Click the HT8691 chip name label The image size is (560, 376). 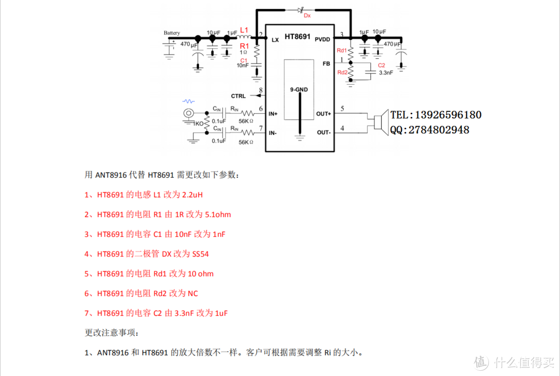(298, 37)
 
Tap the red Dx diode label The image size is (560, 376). (307, 16)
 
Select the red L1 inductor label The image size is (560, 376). (245, 30)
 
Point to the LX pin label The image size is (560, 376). (275, 39)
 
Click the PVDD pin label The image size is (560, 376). (322, 39)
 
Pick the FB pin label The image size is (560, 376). (326, 63)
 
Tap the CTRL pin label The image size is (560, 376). (239, 96)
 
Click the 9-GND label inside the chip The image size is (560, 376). (299, 89)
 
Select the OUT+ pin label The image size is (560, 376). (323, 114)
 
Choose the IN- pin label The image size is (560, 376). (273, 133)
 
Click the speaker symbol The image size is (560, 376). (380, 123)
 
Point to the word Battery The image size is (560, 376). (172, 33)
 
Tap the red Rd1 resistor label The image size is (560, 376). (342, 50)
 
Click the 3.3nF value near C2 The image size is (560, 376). (386, 73)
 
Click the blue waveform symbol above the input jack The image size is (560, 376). (188, 101)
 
